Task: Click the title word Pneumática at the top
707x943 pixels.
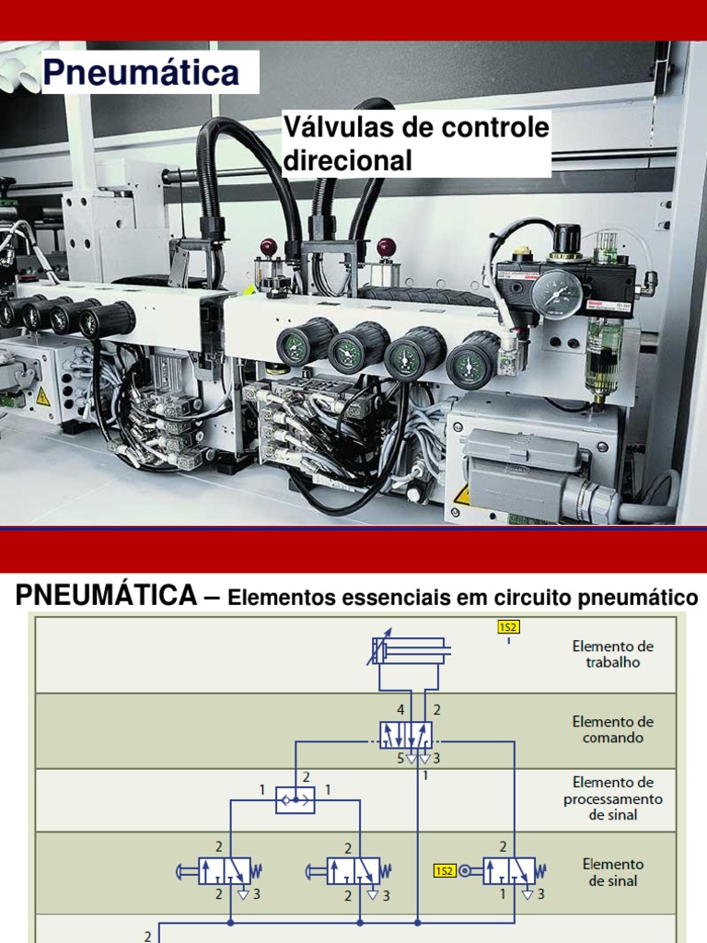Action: (142, 73)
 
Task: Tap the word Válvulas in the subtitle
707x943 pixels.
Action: (336, 128)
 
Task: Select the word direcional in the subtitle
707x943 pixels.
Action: (348, 160)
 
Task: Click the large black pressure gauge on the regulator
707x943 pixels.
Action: (557, 294)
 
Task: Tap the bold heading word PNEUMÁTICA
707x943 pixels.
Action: (106, 595)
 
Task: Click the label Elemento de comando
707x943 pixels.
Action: (612, 730)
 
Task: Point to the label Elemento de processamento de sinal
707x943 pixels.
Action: (612, 797)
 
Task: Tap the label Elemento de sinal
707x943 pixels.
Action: (612, 872)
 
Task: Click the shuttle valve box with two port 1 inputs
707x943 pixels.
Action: (296, 800)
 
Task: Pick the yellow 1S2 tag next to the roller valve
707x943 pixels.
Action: (445, 870)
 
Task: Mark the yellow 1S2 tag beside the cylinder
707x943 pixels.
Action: (508, 627)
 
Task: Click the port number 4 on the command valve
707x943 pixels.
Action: (400, 710)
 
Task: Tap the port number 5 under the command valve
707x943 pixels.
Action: (400, 759)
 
